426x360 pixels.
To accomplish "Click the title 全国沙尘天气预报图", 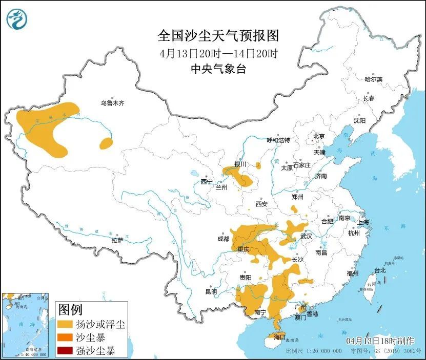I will click(x=218, y=36).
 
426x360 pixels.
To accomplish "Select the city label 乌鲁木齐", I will click(x=112, y=103).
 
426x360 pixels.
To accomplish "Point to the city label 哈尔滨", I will click(x=373, y=79).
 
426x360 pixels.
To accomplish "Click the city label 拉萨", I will click(x=117, y=240).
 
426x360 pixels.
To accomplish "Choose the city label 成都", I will click(x=224, y=238).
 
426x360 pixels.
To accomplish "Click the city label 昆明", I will click(x=211, y=291).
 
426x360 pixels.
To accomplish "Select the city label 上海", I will click(x=363, y=222).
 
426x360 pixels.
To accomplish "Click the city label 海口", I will click(x=279, y=337).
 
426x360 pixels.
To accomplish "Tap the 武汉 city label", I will click(x=306, y=237).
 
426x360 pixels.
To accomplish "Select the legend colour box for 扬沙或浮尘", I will click(x=66, y=325).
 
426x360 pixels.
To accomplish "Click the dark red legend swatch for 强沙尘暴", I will click(x=66, y=351).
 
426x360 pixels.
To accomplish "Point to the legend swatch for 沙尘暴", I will click(x=66, y=338).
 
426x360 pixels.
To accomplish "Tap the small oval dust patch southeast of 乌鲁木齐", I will click(x=106, y=143).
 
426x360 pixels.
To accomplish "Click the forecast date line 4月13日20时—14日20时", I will click(x=218, y=53).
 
